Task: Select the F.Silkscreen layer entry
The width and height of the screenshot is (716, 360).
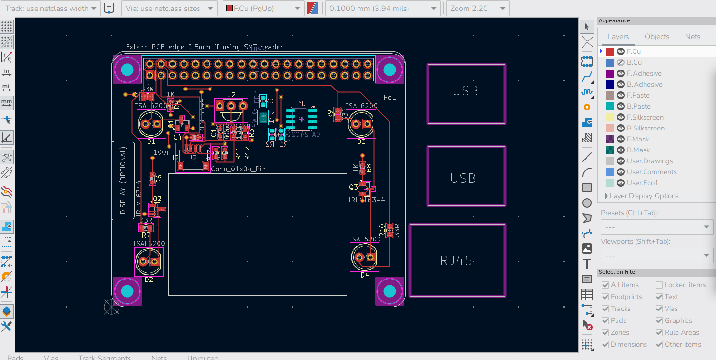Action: coord(645,117)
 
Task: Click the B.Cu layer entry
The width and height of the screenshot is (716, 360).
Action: coord(634,62)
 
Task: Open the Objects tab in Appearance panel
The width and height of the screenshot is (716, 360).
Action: coord(656,37)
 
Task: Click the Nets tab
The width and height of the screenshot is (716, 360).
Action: coord(692,37)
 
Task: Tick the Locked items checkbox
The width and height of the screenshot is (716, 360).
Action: coord(659,285)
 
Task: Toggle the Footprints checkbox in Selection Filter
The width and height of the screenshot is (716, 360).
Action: coord(605,297)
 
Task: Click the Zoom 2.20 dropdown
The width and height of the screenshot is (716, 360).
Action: coord(477,9)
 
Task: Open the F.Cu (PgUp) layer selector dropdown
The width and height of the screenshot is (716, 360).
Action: coord(263,9)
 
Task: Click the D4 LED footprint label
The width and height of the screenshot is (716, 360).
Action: coord(365,275)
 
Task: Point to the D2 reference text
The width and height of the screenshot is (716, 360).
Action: coord(149,280)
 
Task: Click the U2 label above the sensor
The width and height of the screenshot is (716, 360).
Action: coord(231,95)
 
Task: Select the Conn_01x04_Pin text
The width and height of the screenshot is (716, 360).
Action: coord(238,169)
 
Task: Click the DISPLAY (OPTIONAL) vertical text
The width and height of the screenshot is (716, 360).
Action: coord(123,180)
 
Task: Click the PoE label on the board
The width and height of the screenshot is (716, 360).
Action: coord(389,97)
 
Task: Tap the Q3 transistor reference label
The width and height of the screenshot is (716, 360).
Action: coord(353,187)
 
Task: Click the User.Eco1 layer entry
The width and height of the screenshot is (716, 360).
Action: coord(642,183)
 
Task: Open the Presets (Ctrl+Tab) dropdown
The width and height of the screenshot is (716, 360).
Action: coord(656,227)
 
